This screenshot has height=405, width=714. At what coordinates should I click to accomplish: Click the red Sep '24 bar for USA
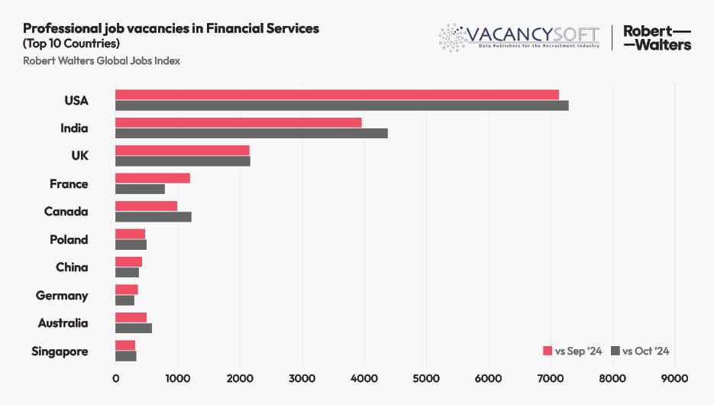pyautogui.click(x=337, y=94)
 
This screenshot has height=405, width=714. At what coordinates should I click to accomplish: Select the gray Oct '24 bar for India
pyautogui.click(x=251, y=133)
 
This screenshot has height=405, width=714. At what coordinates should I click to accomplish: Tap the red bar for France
pyautogui.click(x=153, y=178)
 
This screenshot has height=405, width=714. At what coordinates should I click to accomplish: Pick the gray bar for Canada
pyautogui.click(x=153, y=216)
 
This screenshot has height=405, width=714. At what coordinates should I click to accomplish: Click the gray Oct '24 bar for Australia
pyautogui.click(x=134, y=328)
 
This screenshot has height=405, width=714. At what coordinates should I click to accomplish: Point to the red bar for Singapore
pyautogui.click(x=125, y=345)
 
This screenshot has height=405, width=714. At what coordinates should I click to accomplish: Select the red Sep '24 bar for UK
pyautogui.click(x=183, y=150)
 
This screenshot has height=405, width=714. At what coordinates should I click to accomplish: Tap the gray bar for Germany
pyautogui.click(x=124, y=300)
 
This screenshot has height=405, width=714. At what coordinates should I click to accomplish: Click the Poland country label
pyautogui.click(x=69, y=239)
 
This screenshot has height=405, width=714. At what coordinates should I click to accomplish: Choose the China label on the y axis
pyautogui.click(x=72, y=267)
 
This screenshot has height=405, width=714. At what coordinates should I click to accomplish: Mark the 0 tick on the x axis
pyautogui.click(x=115, y=377)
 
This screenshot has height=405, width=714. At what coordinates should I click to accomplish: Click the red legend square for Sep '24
pyautogui.click(x=547, y=351)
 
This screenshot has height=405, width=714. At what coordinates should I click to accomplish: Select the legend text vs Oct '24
pyautogui.click(x=645, y=351)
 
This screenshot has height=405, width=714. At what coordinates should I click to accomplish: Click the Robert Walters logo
pyautogui.click(x=657, y=37)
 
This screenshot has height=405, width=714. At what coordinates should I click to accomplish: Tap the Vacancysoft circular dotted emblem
pyautogui.click(x=452, y=37)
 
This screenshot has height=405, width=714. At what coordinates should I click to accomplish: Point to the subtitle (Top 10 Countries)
pyautogui.click(x=71, y=43)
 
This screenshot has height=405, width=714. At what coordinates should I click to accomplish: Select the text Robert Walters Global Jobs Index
pyautogui.click(x=102, y=61)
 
